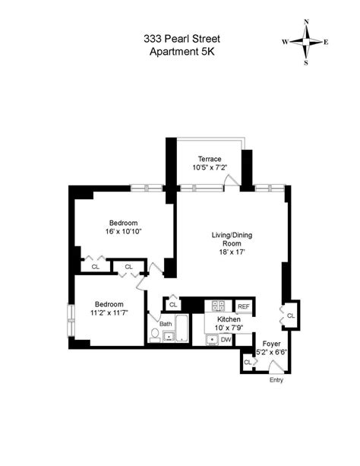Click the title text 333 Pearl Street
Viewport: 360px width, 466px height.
pyautogui.click(x=180, y=37)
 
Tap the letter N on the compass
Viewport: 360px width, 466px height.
pyautogui.click(x=306, y=22)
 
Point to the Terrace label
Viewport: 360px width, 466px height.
pyautogui.click(x=210, y=159)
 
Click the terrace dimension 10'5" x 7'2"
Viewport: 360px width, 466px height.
pyautogui.click(x=210, y=168)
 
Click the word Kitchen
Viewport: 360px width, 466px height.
pyautogui.click(x=229, y=321)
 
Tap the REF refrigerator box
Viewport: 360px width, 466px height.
pyautogui.click(x=243, y=306)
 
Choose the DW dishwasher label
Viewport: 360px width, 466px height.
pyautogui.click(x=226, y=340)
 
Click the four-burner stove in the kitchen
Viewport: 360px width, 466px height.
pyautogui.click(x=219, y=306)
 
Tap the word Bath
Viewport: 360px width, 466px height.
pyautogui.click(x=166, y=323)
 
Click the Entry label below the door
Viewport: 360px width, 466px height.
pyautogui.click(x=277, y=380)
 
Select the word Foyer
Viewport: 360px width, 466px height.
pyautogui.click(x=271, y=344)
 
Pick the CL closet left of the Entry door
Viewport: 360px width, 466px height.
pyautogui.click(x=248, y=363)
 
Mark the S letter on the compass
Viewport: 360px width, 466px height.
pyautogui.click(x=307, y=62)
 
